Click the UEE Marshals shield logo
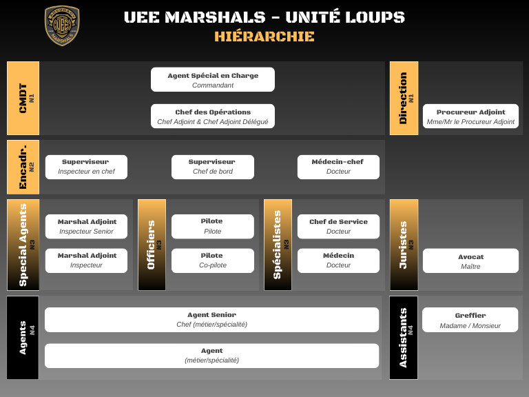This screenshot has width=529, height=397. click(62, 26)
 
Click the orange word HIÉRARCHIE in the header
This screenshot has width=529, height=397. click(264, 37)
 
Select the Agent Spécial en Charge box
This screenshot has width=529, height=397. click(213, 80)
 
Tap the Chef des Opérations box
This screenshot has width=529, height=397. click(213, 116)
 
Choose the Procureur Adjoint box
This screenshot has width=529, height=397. click(470, 116)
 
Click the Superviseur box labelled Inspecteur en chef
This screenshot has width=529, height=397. click(86, 167)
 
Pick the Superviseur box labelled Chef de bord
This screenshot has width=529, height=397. click(212, 167)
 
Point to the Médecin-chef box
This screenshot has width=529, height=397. click(338, 167)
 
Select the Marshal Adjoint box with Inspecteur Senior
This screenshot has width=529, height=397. click(86, 227)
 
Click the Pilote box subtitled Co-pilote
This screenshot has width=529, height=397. click(212, 261)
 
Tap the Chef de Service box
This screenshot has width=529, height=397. click(338, 227)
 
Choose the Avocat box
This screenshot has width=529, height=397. click(470, 261)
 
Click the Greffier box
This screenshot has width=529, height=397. click(470, 320)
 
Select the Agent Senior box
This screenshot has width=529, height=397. click(211, 320)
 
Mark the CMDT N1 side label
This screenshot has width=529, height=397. click(23, 98)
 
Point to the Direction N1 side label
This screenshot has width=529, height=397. click(404, 98)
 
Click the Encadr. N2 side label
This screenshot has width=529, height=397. click(23, 167)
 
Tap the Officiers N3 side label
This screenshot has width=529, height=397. click(152, 245)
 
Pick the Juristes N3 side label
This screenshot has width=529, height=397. click(404, 245)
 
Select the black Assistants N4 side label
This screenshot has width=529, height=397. click(404, 338)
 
